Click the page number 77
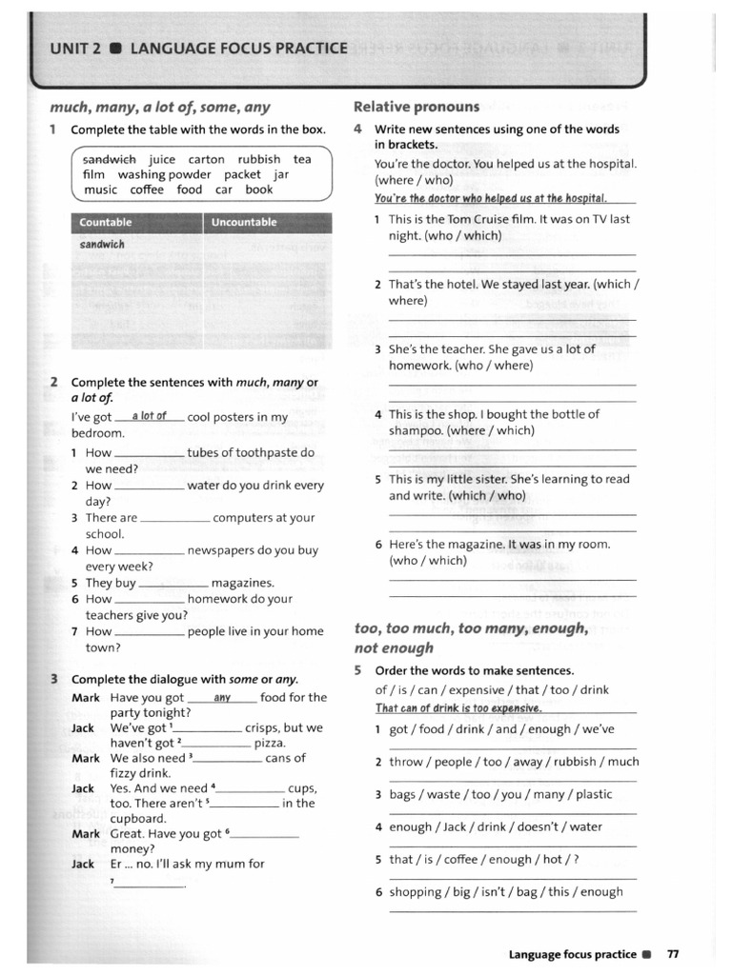click(673, 953)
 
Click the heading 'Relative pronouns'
click(416, 107)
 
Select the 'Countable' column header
click(106, 223)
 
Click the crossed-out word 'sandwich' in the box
click(109, 160)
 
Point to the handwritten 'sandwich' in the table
click(102, 245)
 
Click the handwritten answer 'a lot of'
click(150, 416)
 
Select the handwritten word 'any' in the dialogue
click(223, 698)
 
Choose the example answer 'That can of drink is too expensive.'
click(458, 708)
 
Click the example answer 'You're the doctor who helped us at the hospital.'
click(491, 198)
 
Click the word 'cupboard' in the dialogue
click(138, 818)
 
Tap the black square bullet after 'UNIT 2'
click(115, 49)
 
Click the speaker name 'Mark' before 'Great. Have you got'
click(85, 834)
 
